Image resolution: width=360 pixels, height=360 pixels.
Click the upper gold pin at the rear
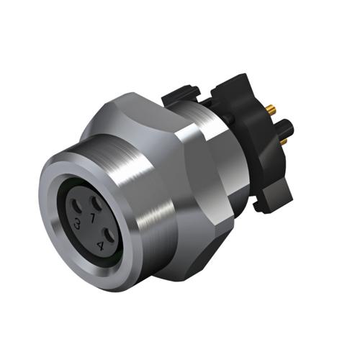click(270, 109)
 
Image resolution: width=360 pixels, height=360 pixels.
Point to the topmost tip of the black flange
click(242, 78)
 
